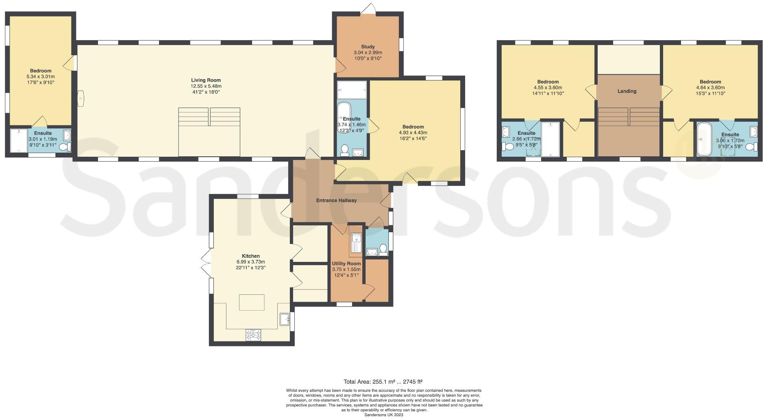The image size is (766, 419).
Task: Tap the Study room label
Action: [x=368, y=47]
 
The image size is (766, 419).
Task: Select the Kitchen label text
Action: [x=250, y=256]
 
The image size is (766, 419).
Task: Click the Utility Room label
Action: [x=346, y=263]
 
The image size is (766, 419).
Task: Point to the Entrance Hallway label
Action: [x=336, y=200]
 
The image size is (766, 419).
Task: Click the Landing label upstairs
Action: [x=627, y=91]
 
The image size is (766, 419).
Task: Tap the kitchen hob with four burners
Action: [x=254, y=335]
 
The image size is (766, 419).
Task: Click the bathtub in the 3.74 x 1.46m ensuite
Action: [x=344, y=117]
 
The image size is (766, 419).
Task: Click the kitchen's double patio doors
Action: [x=206, y=263]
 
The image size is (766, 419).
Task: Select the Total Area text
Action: [x=383, y=382]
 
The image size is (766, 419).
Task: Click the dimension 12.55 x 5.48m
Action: [x=206, y=86]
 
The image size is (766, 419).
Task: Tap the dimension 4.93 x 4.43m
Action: [x=413, y=133]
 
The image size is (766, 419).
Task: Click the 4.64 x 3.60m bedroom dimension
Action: [x=710, y=87]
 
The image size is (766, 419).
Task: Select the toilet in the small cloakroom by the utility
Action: [x=382, y=249]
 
